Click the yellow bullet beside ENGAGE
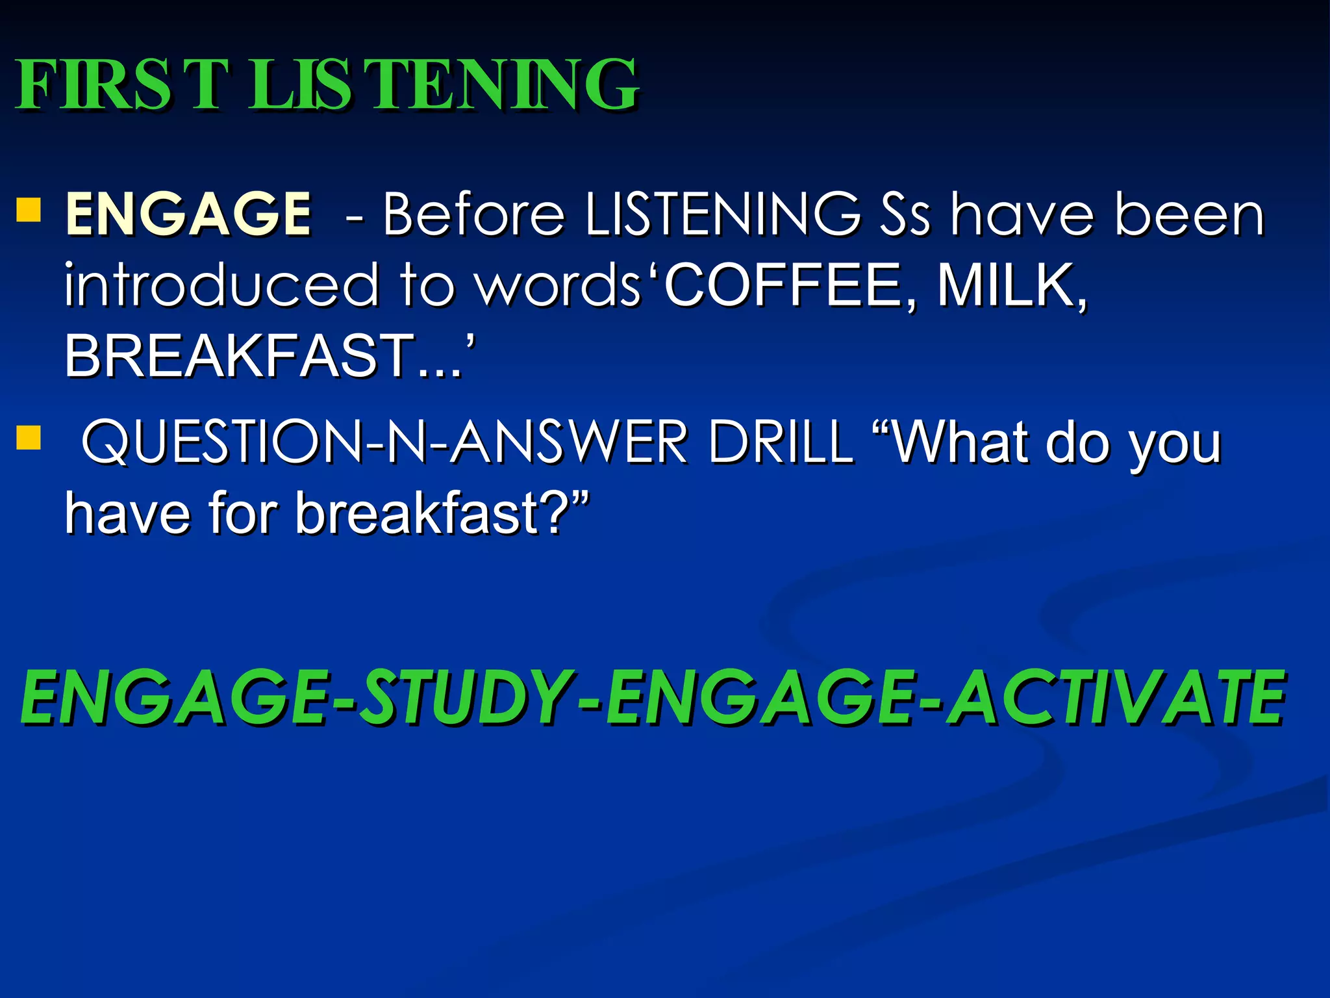coord(29,210)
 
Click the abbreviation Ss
coord(905,214)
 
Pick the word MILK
coord(1010,286)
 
